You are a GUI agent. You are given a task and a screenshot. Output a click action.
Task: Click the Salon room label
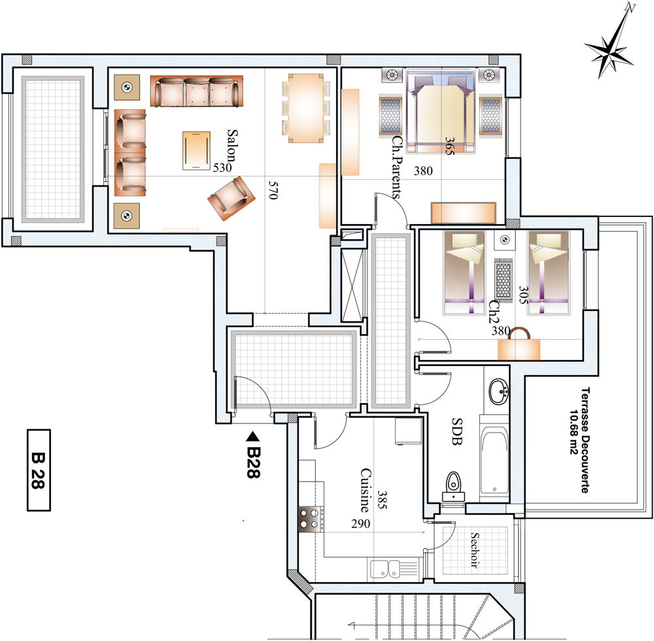(232, 146)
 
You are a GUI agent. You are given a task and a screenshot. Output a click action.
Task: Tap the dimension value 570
(273, 190)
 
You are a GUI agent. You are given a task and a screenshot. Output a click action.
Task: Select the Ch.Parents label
(396, 167)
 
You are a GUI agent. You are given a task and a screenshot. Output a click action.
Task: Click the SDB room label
(457, 431)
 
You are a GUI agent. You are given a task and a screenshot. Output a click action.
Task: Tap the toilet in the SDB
(453, 487)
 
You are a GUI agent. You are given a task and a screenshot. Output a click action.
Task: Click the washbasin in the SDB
(498, 391)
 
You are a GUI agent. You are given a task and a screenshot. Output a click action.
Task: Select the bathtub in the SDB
(494, 459)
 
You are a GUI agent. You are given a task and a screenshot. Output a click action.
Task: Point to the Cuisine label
(366, 491)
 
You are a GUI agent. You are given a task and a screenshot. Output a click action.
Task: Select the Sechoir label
(475, 550)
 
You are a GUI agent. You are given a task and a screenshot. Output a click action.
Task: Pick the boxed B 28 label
(39, 470)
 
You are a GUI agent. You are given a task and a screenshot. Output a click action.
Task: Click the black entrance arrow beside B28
(252, 436)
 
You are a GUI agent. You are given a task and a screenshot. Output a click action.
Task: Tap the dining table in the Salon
(305, 108)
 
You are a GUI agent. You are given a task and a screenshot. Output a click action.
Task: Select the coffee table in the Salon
(196, 150)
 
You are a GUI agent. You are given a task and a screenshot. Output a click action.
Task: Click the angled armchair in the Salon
(232, 199)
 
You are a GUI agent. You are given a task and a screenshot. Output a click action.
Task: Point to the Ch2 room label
(494, 312)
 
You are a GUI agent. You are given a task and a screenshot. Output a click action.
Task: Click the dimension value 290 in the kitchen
(360, 523)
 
